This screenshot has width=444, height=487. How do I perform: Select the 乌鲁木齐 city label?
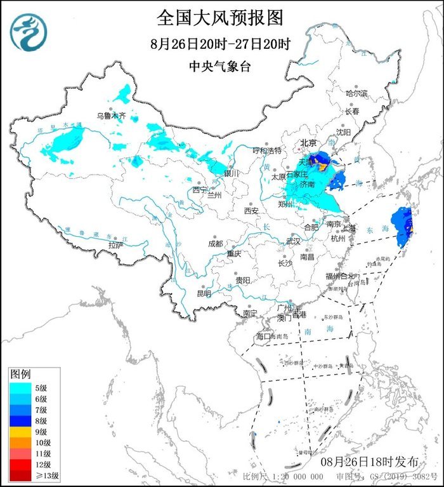click(111, 116)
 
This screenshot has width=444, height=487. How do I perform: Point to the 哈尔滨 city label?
click(356, 93)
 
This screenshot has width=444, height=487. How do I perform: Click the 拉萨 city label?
click(115, 244)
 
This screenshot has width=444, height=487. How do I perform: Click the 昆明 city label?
click(203, 293)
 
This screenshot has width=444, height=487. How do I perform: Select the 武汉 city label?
click(293, 241)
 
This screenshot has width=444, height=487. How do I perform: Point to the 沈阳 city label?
click(361, 133)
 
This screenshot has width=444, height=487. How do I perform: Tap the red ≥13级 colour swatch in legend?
click(19, 475)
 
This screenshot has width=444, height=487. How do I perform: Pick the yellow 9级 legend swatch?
click(19, 432)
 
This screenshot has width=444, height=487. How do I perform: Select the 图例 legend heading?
click(21, 374)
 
